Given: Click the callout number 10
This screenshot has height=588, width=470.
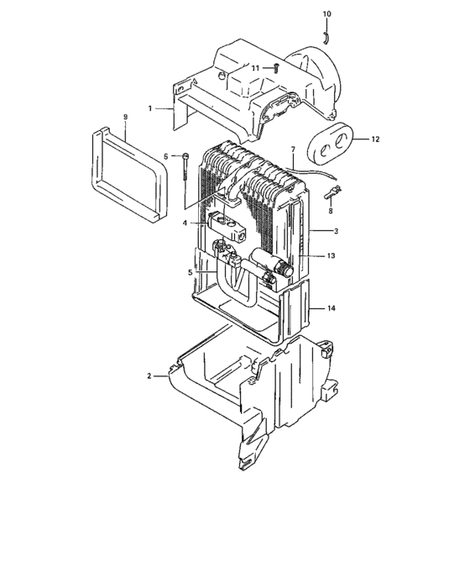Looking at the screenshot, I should pos(326,14).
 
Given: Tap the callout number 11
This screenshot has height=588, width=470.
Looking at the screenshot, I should pos(256,67).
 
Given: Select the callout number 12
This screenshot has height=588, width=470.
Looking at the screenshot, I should pos(376,139).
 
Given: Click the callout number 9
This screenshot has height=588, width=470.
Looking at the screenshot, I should pos(125,116).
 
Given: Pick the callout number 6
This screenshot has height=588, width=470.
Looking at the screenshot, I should pos(166,156).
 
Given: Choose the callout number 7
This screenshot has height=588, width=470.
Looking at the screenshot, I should pos(292,150).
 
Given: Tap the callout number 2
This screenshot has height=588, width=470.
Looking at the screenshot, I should pos(150,375).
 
